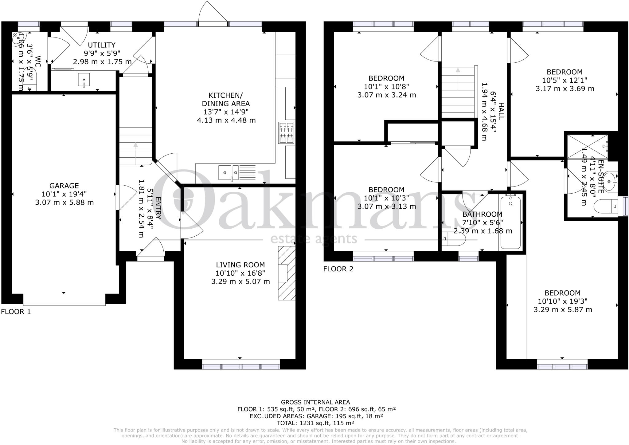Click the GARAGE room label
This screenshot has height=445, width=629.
[64, 186]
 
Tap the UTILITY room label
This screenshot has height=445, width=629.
[102, 45]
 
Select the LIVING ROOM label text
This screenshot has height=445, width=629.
[240, 265]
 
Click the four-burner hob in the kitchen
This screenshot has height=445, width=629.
[286, 132]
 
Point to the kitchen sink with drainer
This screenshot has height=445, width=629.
[237, 172]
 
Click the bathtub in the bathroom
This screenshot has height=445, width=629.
[510, 222]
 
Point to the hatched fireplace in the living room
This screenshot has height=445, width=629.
[287, 273]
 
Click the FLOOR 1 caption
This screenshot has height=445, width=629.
[16, 312]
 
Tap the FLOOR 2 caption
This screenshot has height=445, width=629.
[338, 269]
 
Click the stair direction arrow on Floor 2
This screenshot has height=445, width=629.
[458, 79]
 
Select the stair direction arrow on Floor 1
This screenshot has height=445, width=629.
[136, 154]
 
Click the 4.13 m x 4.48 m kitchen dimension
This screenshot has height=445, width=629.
[226, 120]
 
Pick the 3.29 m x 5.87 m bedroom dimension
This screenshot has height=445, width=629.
[563, 309]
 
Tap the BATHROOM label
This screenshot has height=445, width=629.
[482, 214]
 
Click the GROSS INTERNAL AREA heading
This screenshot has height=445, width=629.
[315, 402]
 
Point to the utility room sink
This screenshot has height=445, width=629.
[84, 80]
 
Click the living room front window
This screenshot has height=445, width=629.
[241, 366]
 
